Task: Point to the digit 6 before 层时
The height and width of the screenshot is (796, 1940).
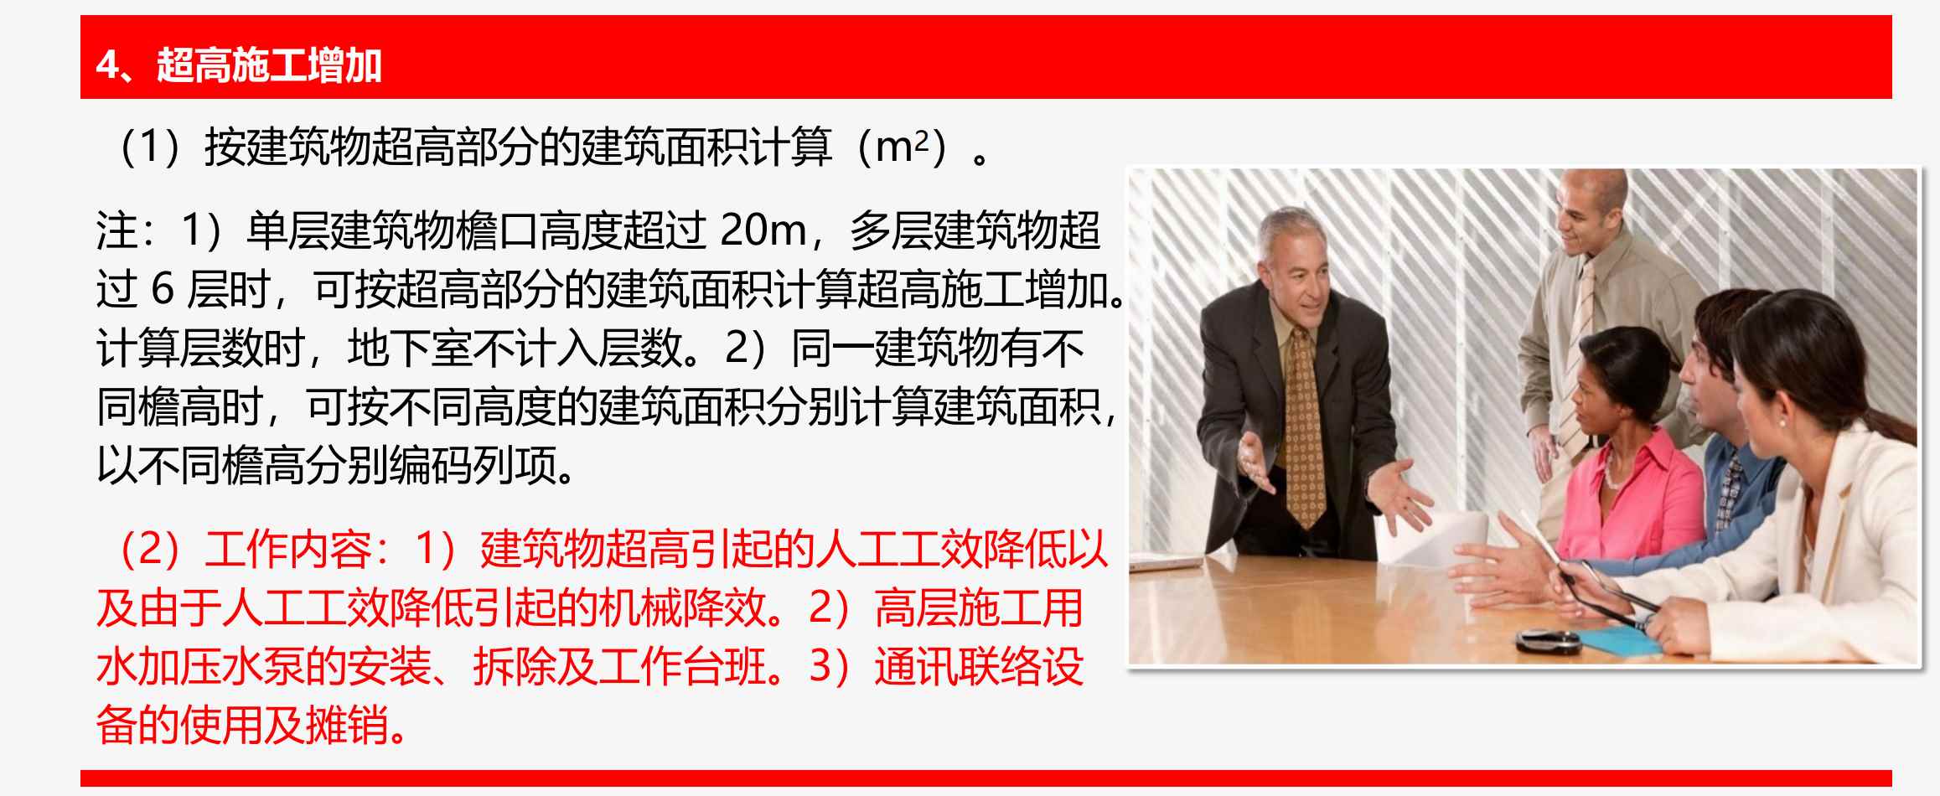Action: pos(162,290)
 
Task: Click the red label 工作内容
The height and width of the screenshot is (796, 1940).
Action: pos(287,550)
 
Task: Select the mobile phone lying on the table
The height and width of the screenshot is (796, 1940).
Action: pos(1547,640)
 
